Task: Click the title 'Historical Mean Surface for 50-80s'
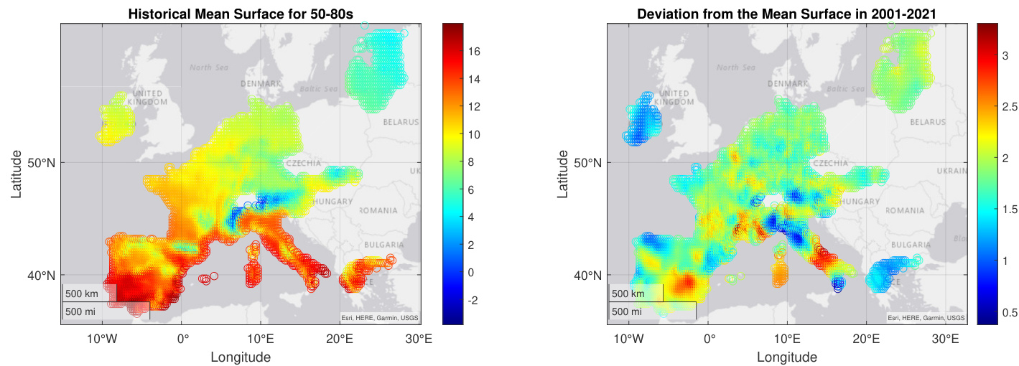240,14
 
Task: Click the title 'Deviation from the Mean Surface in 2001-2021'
787,14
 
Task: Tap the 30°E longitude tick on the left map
418,339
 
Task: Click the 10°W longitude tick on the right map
628,339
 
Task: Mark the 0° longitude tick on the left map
182,339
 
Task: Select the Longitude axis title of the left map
240,357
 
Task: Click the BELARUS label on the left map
400,122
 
